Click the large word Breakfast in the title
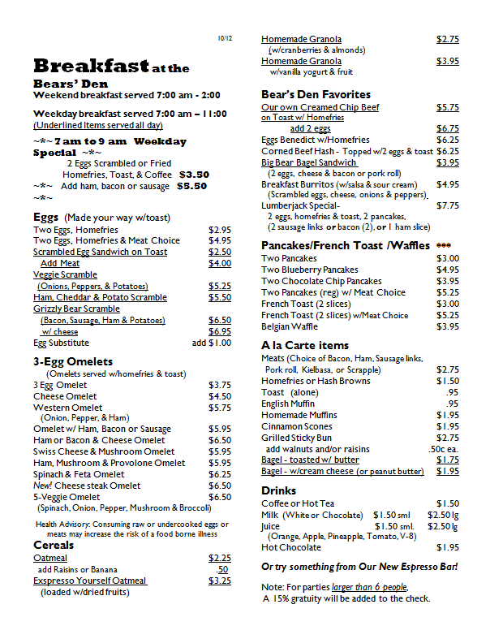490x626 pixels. click(x=91, y=66)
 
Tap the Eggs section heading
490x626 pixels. click(x=45, y=217)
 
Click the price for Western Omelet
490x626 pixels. click(x=219, y=408)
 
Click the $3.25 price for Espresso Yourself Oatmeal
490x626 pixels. click(x=219, y=581)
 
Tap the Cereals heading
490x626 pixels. click(x=54, y=545)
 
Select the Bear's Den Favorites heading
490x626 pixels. click(x=316, y=94)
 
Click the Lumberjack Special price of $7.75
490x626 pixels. click(x=448, y=205)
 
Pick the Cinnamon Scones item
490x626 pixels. click(x=296, y=426)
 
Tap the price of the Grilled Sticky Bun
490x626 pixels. click(x=448, y=438)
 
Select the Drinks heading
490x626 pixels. click(x=278, y=490)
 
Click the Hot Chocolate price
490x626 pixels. click(x=448, y=547)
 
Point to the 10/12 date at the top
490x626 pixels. click(x=225, y=38)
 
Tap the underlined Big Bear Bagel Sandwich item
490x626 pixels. click(x=309, y=162)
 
